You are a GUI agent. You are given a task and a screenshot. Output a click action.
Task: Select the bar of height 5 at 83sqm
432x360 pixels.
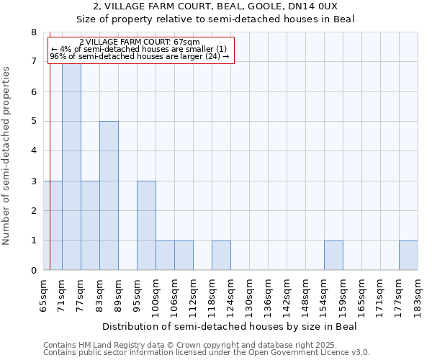109,196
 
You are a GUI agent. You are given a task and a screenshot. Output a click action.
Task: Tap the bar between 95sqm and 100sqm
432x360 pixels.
146,225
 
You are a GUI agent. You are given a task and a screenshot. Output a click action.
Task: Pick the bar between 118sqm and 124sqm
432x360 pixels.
221,256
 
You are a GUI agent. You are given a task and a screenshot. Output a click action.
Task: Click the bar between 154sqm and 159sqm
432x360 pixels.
333,256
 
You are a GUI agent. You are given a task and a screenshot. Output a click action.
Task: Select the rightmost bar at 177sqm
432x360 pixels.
408,256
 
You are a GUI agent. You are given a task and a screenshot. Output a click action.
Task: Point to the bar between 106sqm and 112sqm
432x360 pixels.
184,256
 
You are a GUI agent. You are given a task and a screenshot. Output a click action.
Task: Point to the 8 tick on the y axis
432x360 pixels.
33,32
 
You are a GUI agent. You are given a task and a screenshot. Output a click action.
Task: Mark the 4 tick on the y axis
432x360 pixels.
33,151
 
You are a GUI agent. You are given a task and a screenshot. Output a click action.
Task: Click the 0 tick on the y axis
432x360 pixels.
33,271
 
